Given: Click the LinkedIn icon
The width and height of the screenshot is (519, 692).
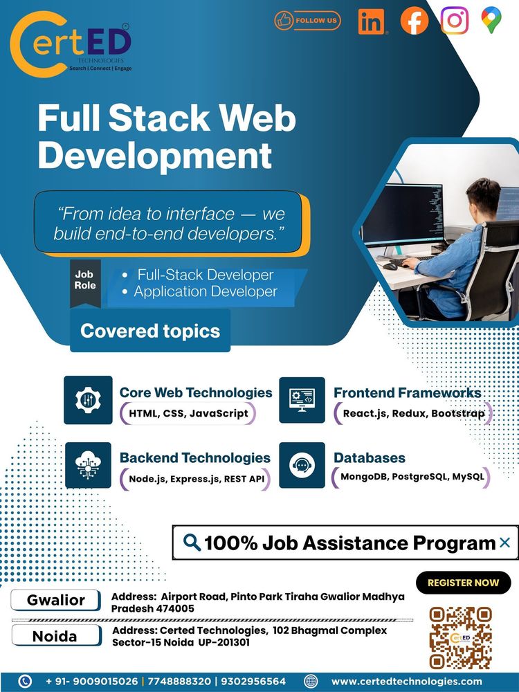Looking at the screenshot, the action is (x=372, y=21).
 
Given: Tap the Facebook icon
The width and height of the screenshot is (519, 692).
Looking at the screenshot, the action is (x=414, y=21).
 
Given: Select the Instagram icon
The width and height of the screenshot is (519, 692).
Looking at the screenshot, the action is (x=455, y=20).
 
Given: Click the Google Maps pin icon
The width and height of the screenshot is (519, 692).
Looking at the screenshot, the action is (x=491, y=20).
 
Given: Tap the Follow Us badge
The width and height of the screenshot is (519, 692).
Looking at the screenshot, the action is (x=307, y=20).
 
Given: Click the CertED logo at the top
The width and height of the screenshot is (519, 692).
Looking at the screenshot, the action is (x=71, y=44).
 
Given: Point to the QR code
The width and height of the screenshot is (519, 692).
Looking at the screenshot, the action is (x=460, y=638).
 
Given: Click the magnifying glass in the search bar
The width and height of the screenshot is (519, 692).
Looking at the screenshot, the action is (x=192, y=543).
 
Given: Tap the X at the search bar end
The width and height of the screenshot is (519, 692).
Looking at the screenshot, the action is (x=505, y=543).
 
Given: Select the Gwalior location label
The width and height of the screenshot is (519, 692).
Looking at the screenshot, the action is (x=55, y=600).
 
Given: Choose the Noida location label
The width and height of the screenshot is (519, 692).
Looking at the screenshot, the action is (x=56, y=635).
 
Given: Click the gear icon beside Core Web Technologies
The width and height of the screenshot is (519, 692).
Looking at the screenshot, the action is (x=89, y=400).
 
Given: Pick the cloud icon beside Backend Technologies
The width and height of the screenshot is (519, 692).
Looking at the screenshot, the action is (x=89, y=465).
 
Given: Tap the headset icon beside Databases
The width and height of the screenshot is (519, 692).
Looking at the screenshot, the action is (x=302, y=465).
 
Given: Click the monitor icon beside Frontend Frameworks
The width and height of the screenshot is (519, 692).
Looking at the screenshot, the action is (x=302, y=400).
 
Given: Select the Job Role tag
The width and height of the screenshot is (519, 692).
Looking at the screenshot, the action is (x=85, y=283).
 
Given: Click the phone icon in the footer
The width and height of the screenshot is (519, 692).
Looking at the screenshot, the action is (x=25, y=682).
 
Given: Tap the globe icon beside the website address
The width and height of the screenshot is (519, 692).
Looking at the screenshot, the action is (x=311, y=682).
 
